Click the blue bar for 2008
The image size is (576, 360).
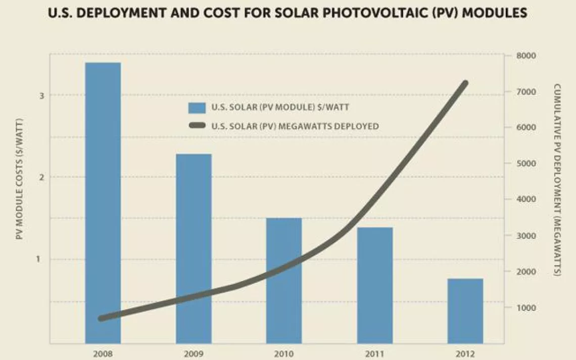coord(103,202)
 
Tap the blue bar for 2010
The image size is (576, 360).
coord(284,280)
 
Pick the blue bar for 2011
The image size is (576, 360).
coord(374,285)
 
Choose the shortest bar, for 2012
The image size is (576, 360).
coord(465,311)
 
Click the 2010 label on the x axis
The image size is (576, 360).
coord(284,354)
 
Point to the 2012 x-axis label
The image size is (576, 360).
coord(465,354)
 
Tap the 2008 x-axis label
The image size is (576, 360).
coord(103,354)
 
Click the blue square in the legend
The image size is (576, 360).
coord(197,108)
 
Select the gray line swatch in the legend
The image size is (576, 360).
coord(197,126)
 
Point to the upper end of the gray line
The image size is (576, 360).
coord(465,83)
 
